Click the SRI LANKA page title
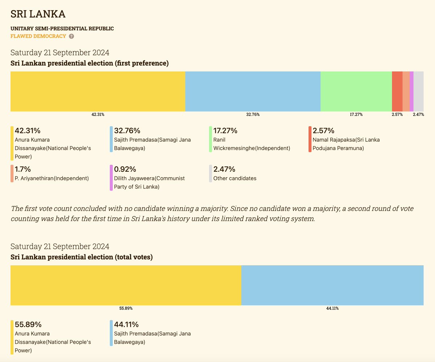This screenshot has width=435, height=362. click(38, 14)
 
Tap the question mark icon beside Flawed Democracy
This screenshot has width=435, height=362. click(71, 36)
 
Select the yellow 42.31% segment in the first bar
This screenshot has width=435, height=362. click(98, 91)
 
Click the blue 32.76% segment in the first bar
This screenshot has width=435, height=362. click(253, 91)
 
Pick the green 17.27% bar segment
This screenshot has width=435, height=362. click(356, 91)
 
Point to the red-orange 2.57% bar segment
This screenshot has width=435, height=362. click(397, 91)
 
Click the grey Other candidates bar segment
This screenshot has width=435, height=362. click(418, 91)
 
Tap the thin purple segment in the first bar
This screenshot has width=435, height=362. click(411, 91)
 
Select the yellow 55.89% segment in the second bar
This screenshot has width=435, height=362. click(126, 285)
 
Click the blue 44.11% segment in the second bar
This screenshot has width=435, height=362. click(332, 285)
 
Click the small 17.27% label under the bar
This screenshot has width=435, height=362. click(356, 115)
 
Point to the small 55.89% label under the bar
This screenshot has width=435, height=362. click(126, 308)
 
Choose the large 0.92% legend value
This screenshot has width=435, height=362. click(125, 169)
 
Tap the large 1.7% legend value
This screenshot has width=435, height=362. click(22, 169)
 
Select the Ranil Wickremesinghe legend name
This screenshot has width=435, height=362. click(252, 144)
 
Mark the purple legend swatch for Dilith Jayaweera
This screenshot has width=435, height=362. click(111, 178)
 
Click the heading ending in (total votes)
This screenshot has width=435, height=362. click(82, 257)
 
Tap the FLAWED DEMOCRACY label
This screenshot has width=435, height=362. click(38, 36)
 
